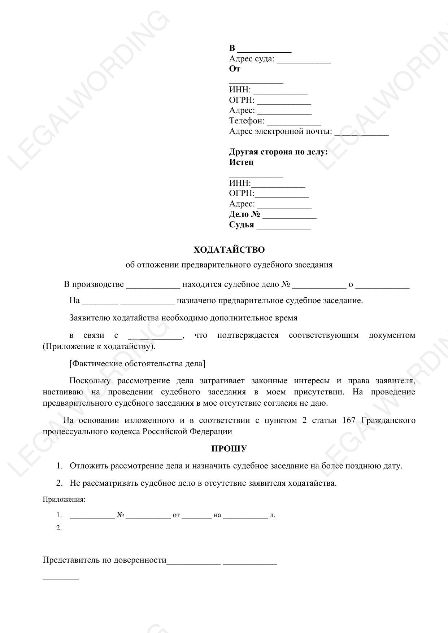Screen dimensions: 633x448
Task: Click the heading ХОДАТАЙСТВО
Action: pyautogui.click(x=229, y=250)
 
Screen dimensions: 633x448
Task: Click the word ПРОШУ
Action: pyautogui.click(x=229, y=449)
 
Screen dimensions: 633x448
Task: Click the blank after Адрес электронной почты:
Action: pyautogui.click(x=361, y=132)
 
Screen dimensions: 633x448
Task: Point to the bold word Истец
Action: pyautogui.click(x=241, y=162)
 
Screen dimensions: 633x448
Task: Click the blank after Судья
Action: pyautogui.click(x=283, y=226)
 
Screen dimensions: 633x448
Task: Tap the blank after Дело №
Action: pyautogui.click(x=290, y=215)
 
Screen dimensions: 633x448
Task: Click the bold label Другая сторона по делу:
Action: pyautogui.click(x=278, y=152)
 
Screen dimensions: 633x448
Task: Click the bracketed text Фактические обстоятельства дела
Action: pyautogui.click(x=137, y=363)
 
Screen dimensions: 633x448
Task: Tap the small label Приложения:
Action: pyautogui.click(x=64, y=499)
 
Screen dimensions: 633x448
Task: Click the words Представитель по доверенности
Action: pyautogui.click(x=105, y=560)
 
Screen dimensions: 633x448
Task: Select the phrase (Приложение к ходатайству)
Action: pyautogui.click(x=99, y=346)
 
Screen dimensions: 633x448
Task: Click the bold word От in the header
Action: pyautogui.click(x=235, y=69)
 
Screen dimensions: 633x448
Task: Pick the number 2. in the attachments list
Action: pyautogui.click(x=59, y=528)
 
